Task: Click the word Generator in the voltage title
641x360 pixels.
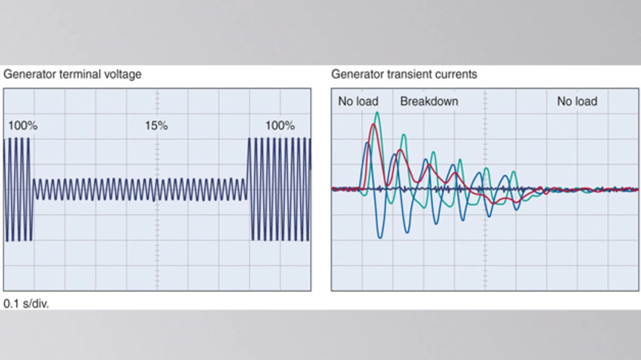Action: (30, 74)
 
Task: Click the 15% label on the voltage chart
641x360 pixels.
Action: (156, 126)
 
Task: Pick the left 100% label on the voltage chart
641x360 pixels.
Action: (23, 126)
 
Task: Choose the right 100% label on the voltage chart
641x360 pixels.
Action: (280, 126)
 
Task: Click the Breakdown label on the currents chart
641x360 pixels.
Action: (429, 101)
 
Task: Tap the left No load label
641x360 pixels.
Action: (358, 101)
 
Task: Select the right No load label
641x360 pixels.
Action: (577, 101)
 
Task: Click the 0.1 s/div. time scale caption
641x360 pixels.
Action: (27, 303)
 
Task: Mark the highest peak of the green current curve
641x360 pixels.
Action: (377, 112)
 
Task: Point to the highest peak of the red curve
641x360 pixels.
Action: (373, 124)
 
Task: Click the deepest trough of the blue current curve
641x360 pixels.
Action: (380, 237)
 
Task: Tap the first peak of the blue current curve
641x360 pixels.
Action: (368, 143)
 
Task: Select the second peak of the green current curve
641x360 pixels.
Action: (404, 134)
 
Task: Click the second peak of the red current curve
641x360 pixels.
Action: (400, 150)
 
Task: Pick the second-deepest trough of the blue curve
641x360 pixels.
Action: (407, 232)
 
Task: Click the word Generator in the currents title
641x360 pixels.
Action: (358, 74)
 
